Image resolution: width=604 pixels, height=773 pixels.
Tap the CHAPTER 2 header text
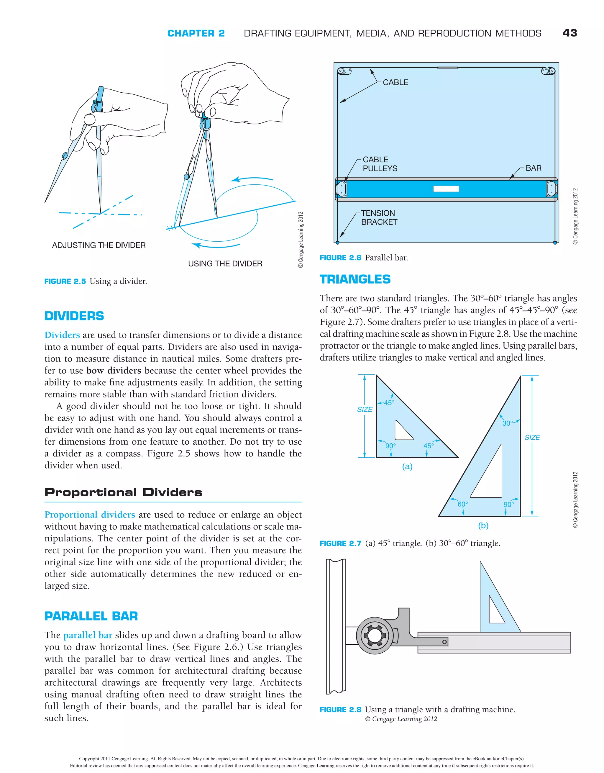(196, 33)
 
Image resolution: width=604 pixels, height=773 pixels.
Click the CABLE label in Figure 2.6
(395, 83)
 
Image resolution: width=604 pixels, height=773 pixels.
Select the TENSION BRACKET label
(379, 218)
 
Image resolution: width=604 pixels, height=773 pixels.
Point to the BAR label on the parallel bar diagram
(533, 168)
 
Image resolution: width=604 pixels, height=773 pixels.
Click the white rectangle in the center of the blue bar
(446, 189)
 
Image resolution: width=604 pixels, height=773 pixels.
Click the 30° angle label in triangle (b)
(507, 423)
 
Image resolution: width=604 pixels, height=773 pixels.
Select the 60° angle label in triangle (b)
(462, 504)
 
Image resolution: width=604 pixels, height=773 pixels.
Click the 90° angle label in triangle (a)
(390, 446)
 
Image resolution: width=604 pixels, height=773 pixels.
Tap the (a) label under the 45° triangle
(407, 466)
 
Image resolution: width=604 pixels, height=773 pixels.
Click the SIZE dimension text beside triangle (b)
(532, 438)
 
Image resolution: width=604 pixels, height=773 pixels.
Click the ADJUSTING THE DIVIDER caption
(99, 245)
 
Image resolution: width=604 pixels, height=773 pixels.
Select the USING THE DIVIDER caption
(225, 264)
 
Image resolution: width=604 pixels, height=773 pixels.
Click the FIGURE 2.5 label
(65, 281)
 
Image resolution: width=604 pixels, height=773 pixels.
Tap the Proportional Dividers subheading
(123, 492)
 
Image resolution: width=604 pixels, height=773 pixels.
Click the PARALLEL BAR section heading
(91, 616)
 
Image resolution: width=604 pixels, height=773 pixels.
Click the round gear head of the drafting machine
(374, 635)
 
